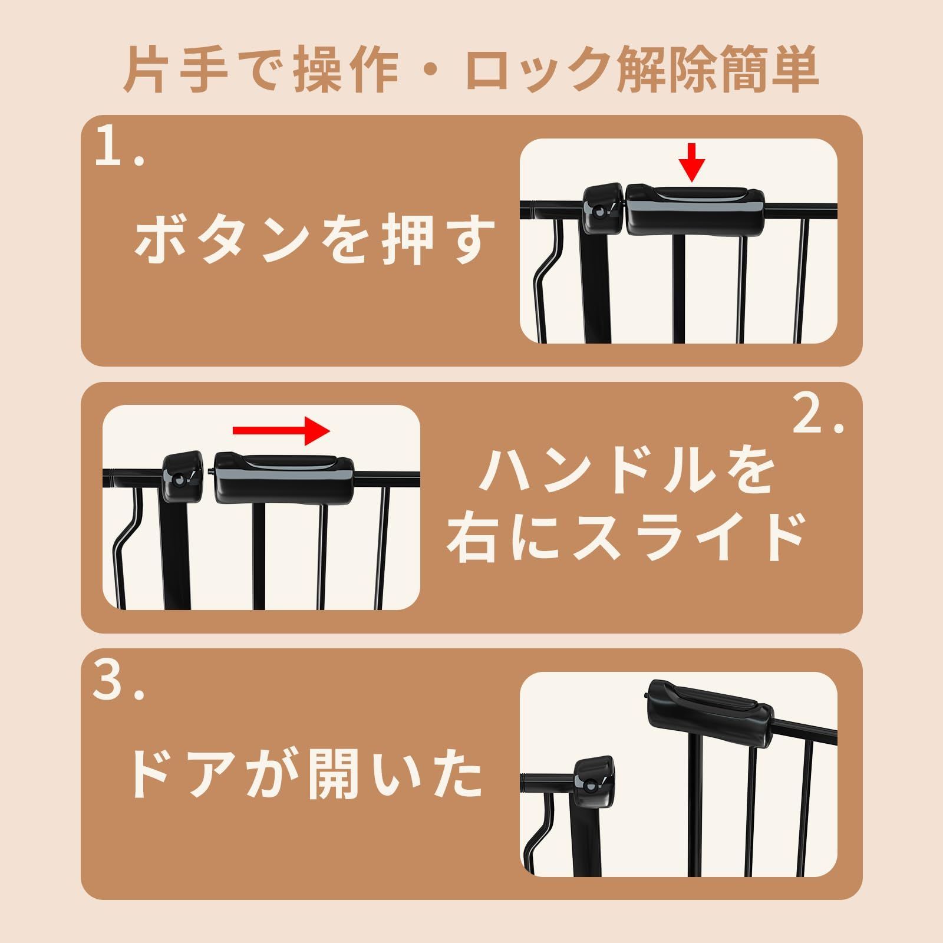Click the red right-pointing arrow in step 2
pyautogui.click(x=281, y=430)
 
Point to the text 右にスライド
pyautogui.click(x=625, y=537)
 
